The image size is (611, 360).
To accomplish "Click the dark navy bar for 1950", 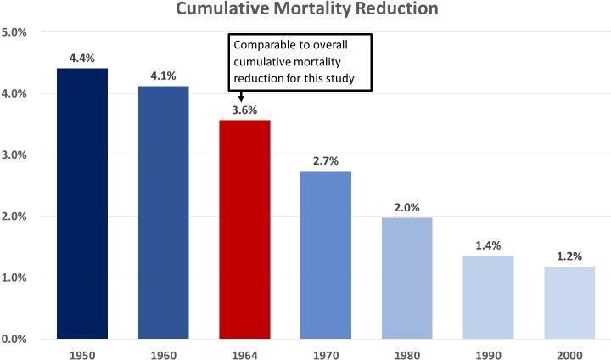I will point(82,204).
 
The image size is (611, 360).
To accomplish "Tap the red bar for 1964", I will point(244,229).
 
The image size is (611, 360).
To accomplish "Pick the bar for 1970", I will point(325,255).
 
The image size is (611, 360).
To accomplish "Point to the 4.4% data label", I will point(82,58).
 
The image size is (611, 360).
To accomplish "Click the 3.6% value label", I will point(244,110).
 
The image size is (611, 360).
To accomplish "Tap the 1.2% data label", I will point(569,256).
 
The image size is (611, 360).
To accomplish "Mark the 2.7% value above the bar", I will point(325,160).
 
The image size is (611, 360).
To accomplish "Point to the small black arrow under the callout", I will point(242,96).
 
